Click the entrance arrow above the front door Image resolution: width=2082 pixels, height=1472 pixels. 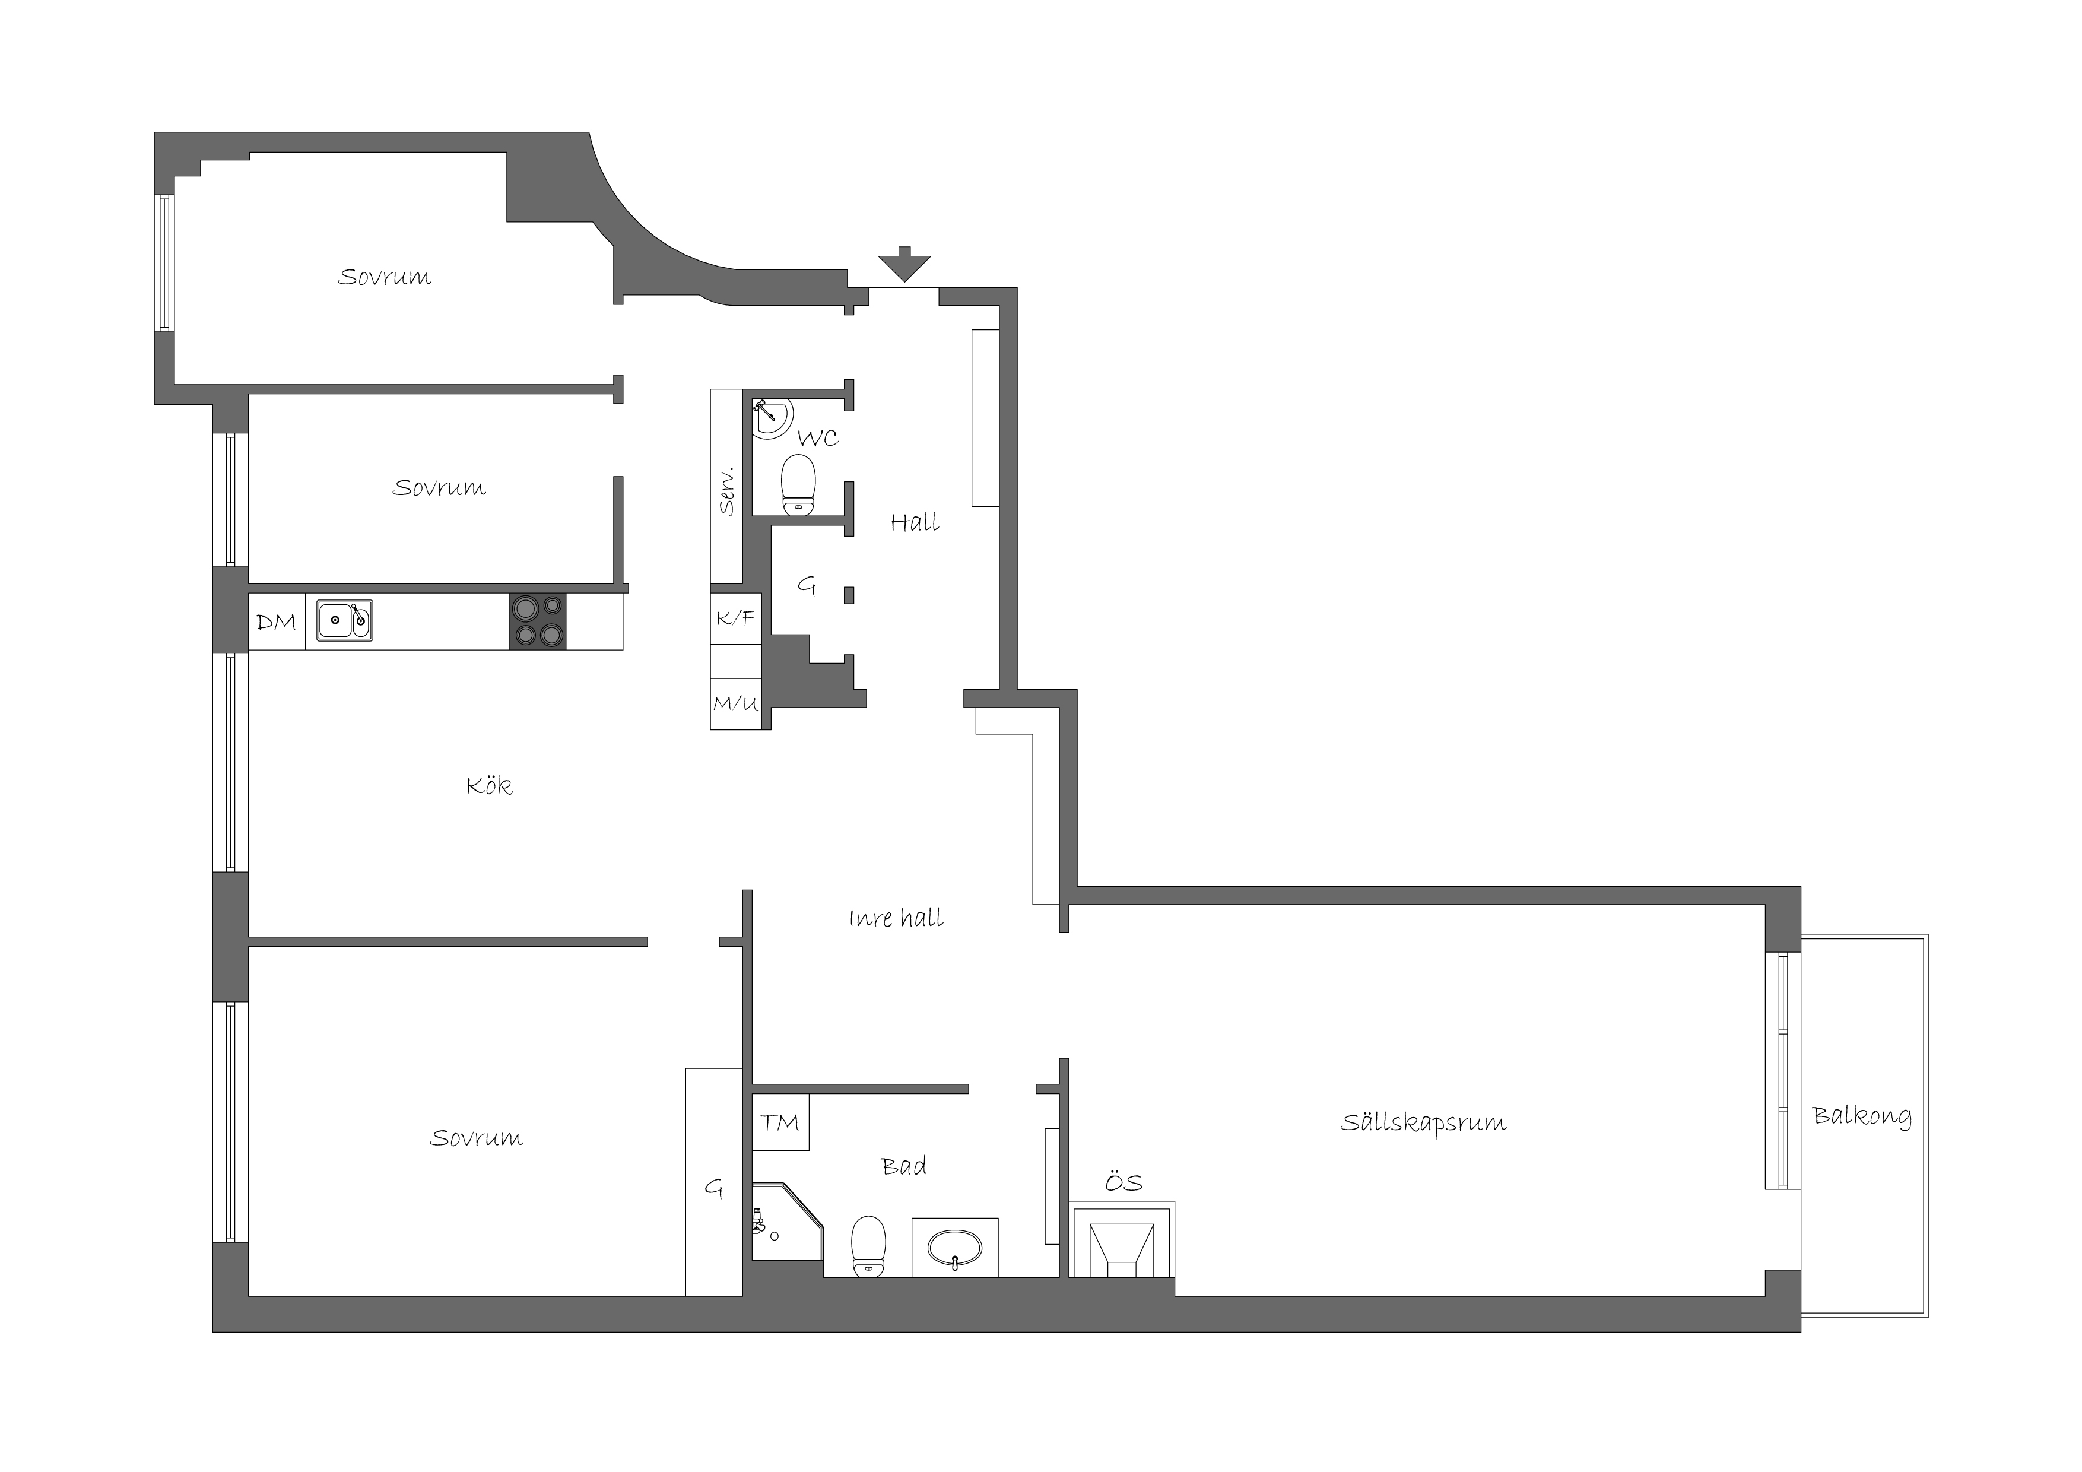pos(904,264)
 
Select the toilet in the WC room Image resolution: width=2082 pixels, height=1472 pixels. pos(798,483)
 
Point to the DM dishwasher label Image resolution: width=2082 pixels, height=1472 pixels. pos(277,622)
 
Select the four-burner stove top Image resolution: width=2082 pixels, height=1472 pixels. pos(538,621)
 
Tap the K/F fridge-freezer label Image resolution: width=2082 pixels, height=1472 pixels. pos(735,618)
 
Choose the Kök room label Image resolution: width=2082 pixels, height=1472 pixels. pos(490,785)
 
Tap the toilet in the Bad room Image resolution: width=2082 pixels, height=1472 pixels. pos(869,1246)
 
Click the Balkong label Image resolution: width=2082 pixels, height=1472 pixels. pos(1862,1116)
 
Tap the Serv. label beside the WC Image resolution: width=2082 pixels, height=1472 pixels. pos(726,491)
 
